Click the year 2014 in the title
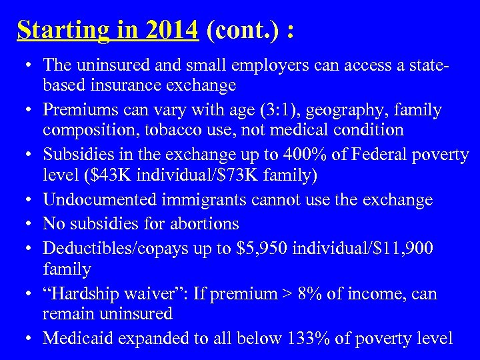click(175, 29)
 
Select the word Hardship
click(85, 293)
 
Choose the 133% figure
click(309, 337)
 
